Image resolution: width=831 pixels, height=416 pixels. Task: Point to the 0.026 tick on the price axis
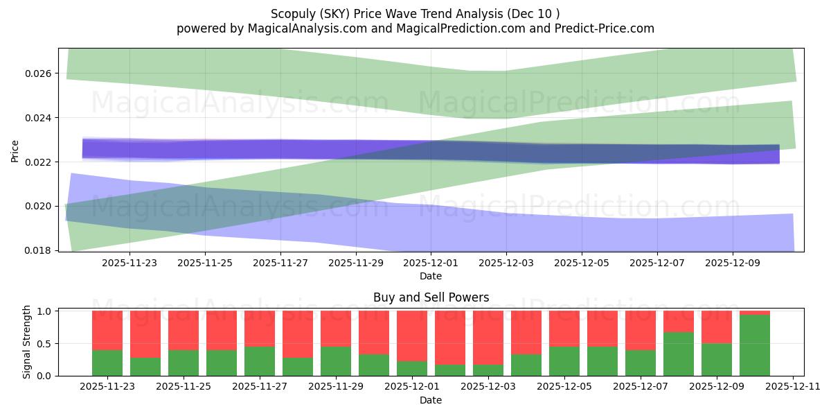pyautogui.click(x=38, y=73)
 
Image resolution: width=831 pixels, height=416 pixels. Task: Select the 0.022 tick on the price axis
pyautogui.click(x=38, y=162)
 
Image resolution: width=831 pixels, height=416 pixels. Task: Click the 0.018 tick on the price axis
pyautogui.click(x=38, y=250)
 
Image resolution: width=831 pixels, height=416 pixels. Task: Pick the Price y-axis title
pyautogui.click(x=15, y=150)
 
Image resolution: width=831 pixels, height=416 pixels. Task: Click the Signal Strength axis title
pyautogui.click(x=26, y=342)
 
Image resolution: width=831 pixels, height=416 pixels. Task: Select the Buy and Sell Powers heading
pyautogui.click(x=431, y=297)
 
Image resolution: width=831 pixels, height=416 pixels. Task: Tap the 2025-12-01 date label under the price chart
pyautogui.click(x=430, y=263)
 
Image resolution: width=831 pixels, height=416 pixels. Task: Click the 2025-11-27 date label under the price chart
pyautogui.click(x=280, y=263)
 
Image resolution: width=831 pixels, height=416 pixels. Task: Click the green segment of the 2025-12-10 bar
pyautogui.click(x=754, y=345)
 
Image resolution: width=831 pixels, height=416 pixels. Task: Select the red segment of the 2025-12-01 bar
pyautogui.click(x=411, y=336)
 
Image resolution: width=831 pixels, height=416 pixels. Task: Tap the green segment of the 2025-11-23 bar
pyautogui.click(x=107, y=363)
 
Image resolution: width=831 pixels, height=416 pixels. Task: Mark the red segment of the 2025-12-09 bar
pyautogui.click(x=716, y=327)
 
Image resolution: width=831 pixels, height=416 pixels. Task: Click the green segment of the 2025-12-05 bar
pyautogui.click(x=564, y=361)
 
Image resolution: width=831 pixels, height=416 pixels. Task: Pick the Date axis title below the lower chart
pyautogui.click(x=431, y=400)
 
